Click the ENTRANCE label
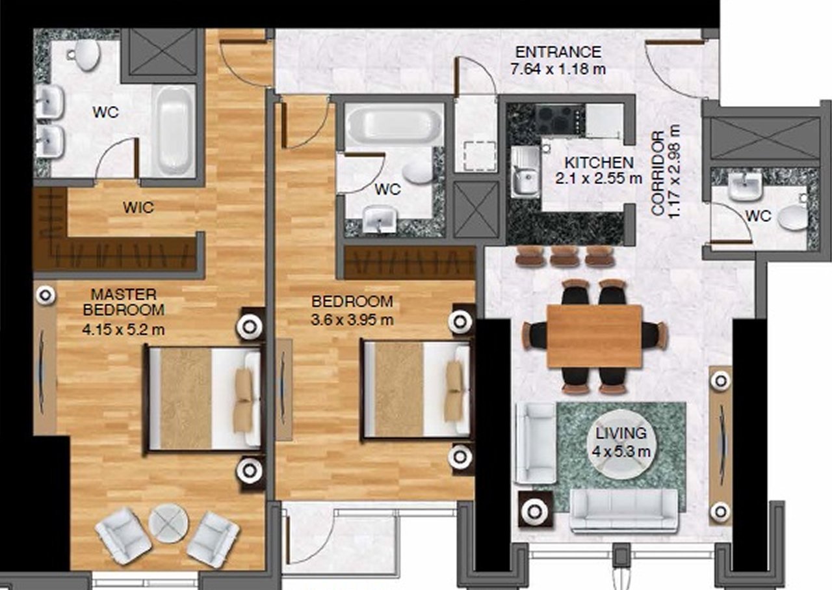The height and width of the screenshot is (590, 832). (x=558, y=52)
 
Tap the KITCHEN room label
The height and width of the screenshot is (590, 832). (x=599, y=163)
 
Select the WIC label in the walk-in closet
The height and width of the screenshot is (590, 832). (x=138, y=208)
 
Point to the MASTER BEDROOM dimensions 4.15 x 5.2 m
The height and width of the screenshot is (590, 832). (x=123, y=329)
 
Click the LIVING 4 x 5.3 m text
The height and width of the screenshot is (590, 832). (x=621, y=442)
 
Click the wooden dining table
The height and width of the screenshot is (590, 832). (x=595, y=336)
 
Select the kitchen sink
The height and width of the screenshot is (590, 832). (x=525, y=172)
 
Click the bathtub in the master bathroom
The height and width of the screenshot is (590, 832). (x=174, y=130)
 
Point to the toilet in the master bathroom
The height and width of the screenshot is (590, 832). (x=86, y=55)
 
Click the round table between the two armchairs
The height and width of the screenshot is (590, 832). (x=168, y=523)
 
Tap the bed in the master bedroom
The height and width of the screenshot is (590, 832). (x=203, y=399)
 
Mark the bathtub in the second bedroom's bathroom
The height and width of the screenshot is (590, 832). (x=394, y=123)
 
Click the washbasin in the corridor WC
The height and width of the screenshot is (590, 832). (x=744, y=187)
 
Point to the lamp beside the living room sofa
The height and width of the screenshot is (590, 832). (x=535, y=512)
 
